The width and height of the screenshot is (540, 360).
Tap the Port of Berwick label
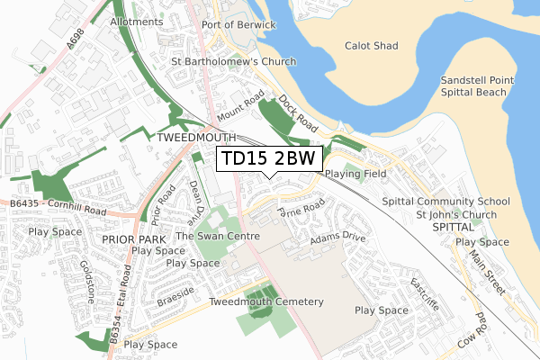tap(238, 24)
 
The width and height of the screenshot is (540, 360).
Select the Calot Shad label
tap(372, 45)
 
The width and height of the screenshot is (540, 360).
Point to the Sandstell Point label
tap(477, 80)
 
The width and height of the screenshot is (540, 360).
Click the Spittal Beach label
tap(477, 94)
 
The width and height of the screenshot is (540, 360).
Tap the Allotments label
tap(137, 22)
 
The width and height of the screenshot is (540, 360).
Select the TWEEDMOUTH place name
tap(195, 139)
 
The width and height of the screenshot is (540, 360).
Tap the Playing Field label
tap(355, 173)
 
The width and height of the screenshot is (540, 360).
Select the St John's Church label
tap(456, 215)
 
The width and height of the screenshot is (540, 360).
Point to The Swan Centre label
tap(218, 236)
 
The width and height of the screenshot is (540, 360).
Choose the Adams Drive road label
tap(337, 241)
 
